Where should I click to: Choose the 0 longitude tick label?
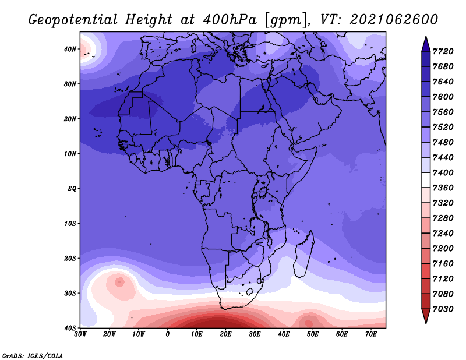click(168, 334)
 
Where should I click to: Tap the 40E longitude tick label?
click(284, 334)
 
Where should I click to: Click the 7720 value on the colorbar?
click(446, 52)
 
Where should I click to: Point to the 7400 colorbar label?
click(446, 172)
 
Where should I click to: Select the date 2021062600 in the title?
click(394, 19)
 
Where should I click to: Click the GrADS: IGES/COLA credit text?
click(33, 355)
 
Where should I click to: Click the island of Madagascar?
click(303, 261)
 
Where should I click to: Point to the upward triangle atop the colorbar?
click(426, 43)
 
